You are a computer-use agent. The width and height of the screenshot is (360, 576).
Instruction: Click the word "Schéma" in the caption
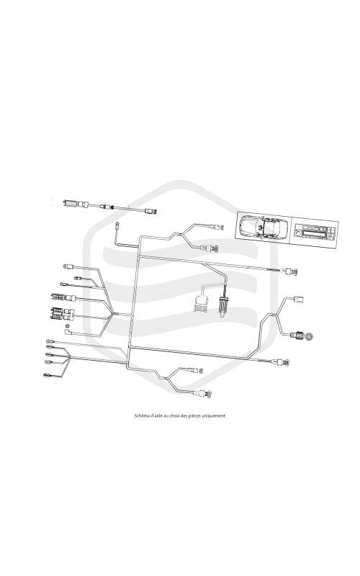click(140, 416)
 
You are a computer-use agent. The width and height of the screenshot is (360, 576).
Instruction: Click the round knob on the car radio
click(298, 233)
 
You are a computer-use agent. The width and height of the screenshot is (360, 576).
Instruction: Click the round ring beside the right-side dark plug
click(310, 336)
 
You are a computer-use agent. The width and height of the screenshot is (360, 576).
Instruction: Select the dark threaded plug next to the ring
click(298, 335)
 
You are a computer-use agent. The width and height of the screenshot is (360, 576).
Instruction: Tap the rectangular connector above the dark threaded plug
click(298, 299)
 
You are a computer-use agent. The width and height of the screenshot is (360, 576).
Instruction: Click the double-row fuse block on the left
click(58, 313)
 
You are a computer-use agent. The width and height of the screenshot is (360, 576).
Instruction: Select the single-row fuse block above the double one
click(58, 297)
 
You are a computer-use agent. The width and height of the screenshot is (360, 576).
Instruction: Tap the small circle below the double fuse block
click(67, 326)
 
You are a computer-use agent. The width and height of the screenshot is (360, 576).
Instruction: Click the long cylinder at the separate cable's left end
click(70, 203)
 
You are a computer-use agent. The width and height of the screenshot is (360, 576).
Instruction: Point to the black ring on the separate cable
click(112, 207)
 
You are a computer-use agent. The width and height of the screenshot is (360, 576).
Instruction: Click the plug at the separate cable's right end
click(151, 211)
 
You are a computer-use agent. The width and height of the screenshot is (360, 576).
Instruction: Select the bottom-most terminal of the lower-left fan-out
click(48, 375)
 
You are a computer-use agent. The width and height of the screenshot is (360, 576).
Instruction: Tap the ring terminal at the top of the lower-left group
click(48, 341)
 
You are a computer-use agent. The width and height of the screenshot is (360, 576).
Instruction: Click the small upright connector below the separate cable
click(117, 225)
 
